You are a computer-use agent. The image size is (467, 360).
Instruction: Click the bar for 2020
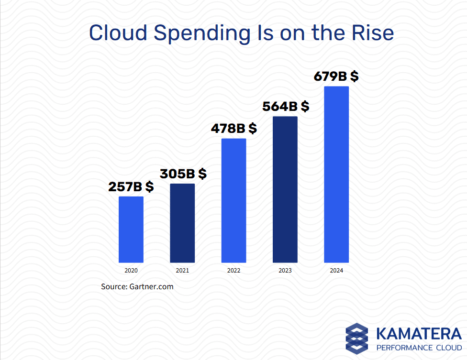pos(131,229)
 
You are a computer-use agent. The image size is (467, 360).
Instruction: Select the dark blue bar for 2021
pos(182,223)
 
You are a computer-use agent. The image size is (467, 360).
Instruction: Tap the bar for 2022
pos(233,200)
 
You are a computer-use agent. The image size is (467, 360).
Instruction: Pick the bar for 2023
pos(285,189)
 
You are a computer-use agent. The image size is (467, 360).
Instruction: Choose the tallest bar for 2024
pos(336,175)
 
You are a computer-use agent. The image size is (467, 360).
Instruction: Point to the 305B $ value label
pos(183,174)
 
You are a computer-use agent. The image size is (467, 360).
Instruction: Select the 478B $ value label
pos(234,129)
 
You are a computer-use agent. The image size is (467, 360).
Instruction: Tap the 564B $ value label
pos(286,107)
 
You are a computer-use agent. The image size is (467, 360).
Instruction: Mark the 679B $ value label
pos(336,76)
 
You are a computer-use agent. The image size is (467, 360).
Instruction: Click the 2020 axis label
pos(131,271)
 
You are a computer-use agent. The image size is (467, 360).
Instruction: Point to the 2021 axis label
pos(182,271)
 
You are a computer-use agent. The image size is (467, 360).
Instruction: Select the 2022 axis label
pos(233,271)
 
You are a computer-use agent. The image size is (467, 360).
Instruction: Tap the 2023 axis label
pos(285,271)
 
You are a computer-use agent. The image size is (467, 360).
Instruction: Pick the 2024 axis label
pos(336,271)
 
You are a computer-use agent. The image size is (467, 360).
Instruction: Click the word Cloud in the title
pos(118,33)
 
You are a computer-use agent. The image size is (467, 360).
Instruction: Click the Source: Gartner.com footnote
pos(137,287)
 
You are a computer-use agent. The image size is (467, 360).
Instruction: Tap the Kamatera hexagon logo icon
pos(357,338)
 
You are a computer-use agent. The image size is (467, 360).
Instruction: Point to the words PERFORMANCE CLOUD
pos(419,348)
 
